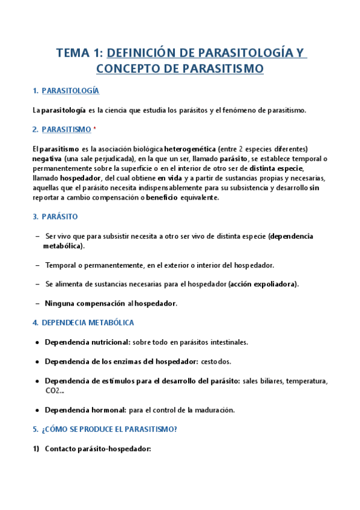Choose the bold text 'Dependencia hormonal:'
(x=85, y=410)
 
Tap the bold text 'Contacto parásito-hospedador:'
(x=97, y=449)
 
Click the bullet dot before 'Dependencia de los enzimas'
(x=38, y=361)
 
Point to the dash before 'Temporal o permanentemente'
(x=38, y=265)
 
